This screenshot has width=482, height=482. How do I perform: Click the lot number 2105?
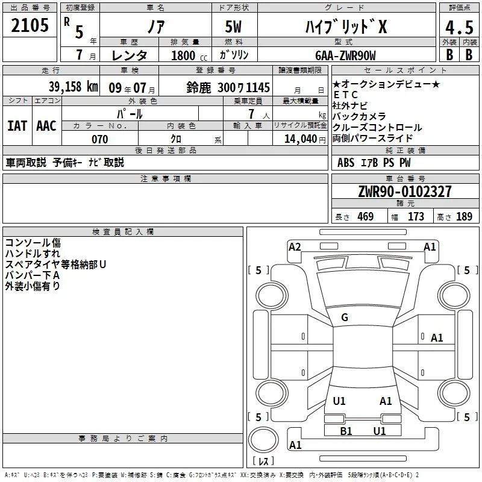30,25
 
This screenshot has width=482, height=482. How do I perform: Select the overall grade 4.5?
459,27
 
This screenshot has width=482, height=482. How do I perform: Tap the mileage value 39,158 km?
74,87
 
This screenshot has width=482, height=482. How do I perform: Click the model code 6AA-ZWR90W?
345,55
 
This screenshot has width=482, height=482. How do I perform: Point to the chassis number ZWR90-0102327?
405,192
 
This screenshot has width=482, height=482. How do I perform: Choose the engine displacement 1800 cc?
189,55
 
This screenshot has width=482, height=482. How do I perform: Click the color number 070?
100,139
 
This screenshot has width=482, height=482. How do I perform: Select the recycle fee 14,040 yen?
305,139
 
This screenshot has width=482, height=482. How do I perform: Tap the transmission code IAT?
17,126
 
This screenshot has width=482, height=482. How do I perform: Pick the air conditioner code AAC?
46,126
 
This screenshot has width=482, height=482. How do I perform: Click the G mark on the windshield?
345,318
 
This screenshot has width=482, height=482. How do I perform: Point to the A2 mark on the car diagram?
295,247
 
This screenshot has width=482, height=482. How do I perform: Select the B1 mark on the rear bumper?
346,431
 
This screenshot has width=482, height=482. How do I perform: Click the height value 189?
464,216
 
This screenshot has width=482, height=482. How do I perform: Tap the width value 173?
416,216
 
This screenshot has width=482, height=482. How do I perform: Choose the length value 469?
366,216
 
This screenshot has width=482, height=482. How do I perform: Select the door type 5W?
234,27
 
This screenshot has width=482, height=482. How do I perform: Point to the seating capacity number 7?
251,114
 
